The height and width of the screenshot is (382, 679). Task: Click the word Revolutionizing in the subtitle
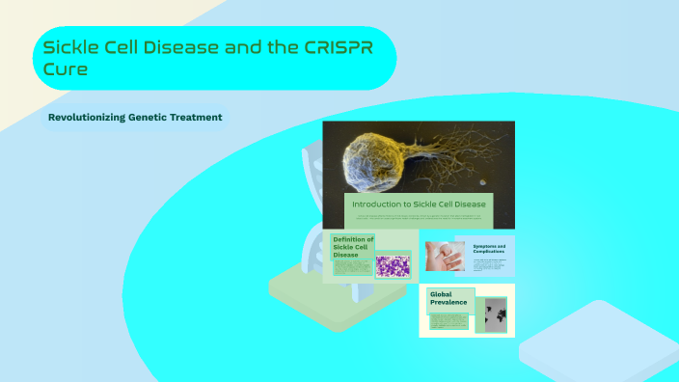[x=89, y=118]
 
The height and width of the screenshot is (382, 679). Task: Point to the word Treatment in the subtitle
[x=192, y=118]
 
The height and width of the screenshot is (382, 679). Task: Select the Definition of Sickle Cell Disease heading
[x=353, y=247]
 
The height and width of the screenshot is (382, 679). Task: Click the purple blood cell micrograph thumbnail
[x=393, y=266]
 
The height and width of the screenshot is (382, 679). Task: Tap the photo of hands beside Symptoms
[x=447, y=256]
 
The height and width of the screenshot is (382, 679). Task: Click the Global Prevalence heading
[x=448, y=299]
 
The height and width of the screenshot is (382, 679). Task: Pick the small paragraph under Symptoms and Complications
[x=490, y=265]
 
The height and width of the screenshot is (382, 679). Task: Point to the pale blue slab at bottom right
[x=598, y=342]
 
